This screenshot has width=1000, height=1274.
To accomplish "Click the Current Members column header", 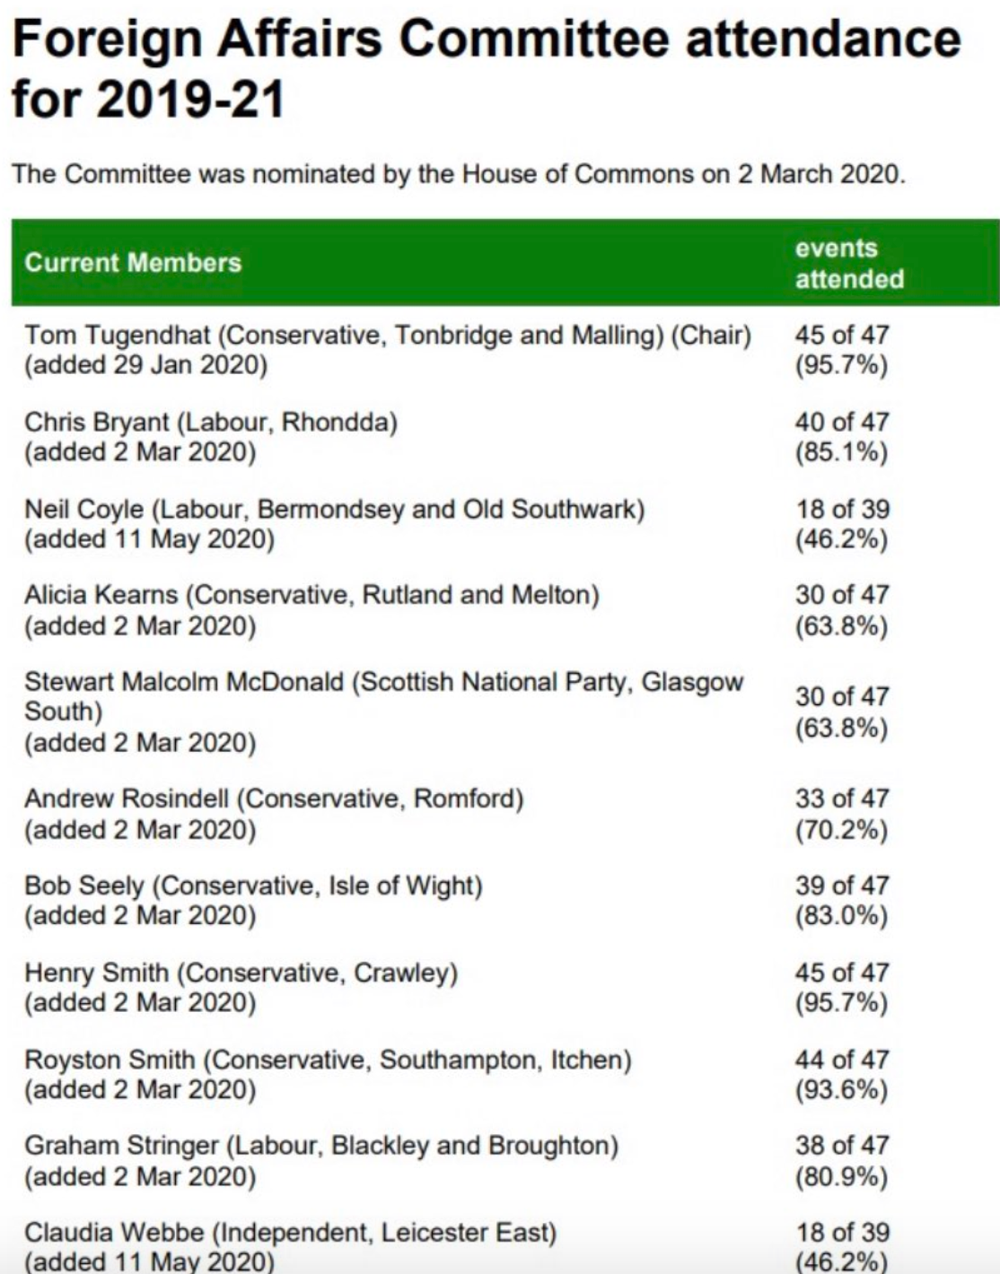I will pos(133,263).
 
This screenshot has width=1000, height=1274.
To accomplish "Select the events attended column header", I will pos(848,264).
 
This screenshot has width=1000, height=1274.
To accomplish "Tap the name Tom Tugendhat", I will pos(117,336).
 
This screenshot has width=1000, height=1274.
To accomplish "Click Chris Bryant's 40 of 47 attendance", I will pos(841,422).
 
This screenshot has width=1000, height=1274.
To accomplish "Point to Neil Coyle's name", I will pos(83,510).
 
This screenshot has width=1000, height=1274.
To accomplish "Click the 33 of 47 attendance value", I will pos(841,798).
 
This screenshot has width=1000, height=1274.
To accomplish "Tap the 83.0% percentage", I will pos(841,916).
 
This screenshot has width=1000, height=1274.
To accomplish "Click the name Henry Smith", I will pos(96,973).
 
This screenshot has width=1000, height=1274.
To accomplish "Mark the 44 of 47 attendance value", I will pos(841,1060).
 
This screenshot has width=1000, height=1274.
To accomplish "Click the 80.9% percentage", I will pos(841,1176).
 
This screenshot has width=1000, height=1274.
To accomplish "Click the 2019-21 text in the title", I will pos(190,98).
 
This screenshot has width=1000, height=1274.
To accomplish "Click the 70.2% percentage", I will pos(841,829).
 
